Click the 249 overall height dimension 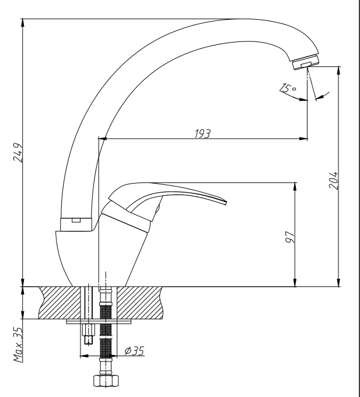pyautogui.click(x=18, y=153)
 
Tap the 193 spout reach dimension pyautogui.click(x=202, y=133)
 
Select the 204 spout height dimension pyautogui.click(x=333, y=180)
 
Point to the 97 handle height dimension pyautogui.click(x=290, y=237)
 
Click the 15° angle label pyautogui.click(x=288, y=88)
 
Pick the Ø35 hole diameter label pyautogui.click(x=135, y=351)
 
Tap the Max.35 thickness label pyautogui.click(x=18, y=345)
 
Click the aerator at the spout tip pyautogui.click(x=306, y=62)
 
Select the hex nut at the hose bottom pyautogui.click(x=106, y=381)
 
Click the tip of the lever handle pyautogui.click(x=226, y=202)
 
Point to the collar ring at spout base pyautogui.click(x=76, y=224)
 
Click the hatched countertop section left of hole pyautogui.click(x=60, y=303)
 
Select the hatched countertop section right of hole pyautogui.click(x=140, y=303)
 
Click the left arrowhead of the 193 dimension pyautogui.click(x=102, y=139)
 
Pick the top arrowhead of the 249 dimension pyautogui.click(x=23, y=23)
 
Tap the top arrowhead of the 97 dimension pyautogui.click(x=295, y=187)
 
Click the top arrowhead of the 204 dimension pyautogui.click(x=338, y=71)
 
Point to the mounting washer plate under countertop pyautogui.click(x=99, y=322)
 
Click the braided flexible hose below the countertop pyautogui.click(x=106, y=332)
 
